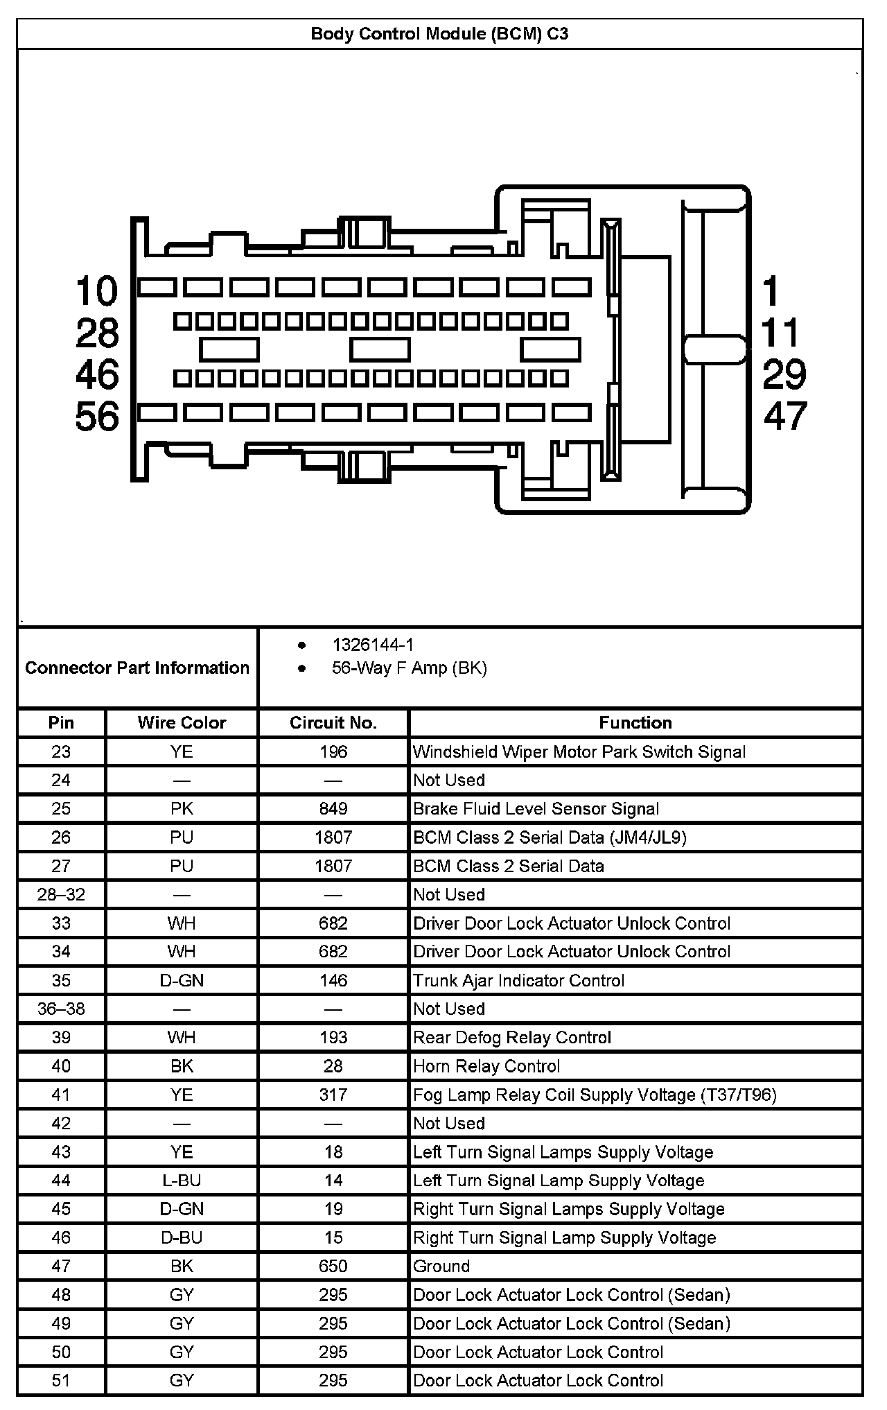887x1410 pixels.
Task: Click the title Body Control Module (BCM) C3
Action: [439, 34]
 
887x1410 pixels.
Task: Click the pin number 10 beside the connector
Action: [97, 290]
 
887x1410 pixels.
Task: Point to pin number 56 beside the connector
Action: [97, 417]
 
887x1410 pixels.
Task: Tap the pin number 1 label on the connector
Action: [771, 290]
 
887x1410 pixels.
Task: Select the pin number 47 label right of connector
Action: [785, 416]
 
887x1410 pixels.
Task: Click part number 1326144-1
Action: [373, 645]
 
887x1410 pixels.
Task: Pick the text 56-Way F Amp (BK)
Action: [409, 668]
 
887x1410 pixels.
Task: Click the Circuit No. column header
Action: [333, 723]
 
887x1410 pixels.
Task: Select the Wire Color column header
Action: [182, 723]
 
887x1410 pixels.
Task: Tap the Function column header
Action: [635, 723]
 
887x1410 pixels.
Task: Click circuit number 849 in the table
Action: [333, 809]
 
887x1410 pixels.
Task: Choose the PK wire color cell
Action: [182, 809]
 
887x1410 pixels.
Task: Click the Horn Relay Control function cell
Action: [486, 1066]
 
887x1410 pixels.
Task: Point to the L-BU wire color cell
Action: [182, 1181]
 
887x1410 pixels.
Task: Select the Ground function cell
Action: [441, 1267]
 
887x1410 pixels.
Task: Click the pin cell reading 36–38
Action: [61, 1009]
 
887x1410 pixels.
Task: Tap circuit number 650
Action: [333, 1267]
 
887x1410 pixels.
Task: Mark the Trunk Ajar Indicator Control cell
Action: [518, 980]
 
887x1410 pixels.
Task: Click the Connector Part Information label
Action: [137, 668]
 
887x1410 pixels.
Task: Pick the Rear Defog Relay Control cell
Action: [512, 1038]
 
